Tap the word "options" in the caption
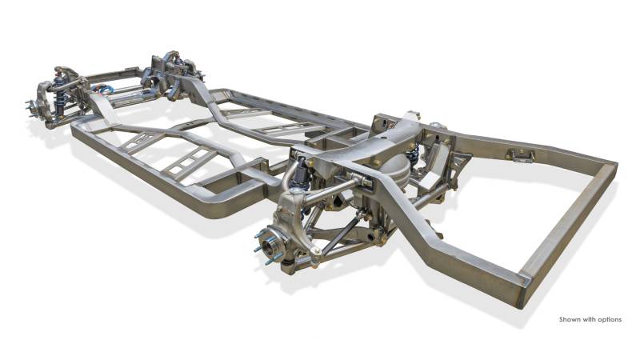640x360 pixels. click(x=610, y=319)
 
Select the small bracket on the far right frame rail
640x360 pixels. click(x=520, y=155)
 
